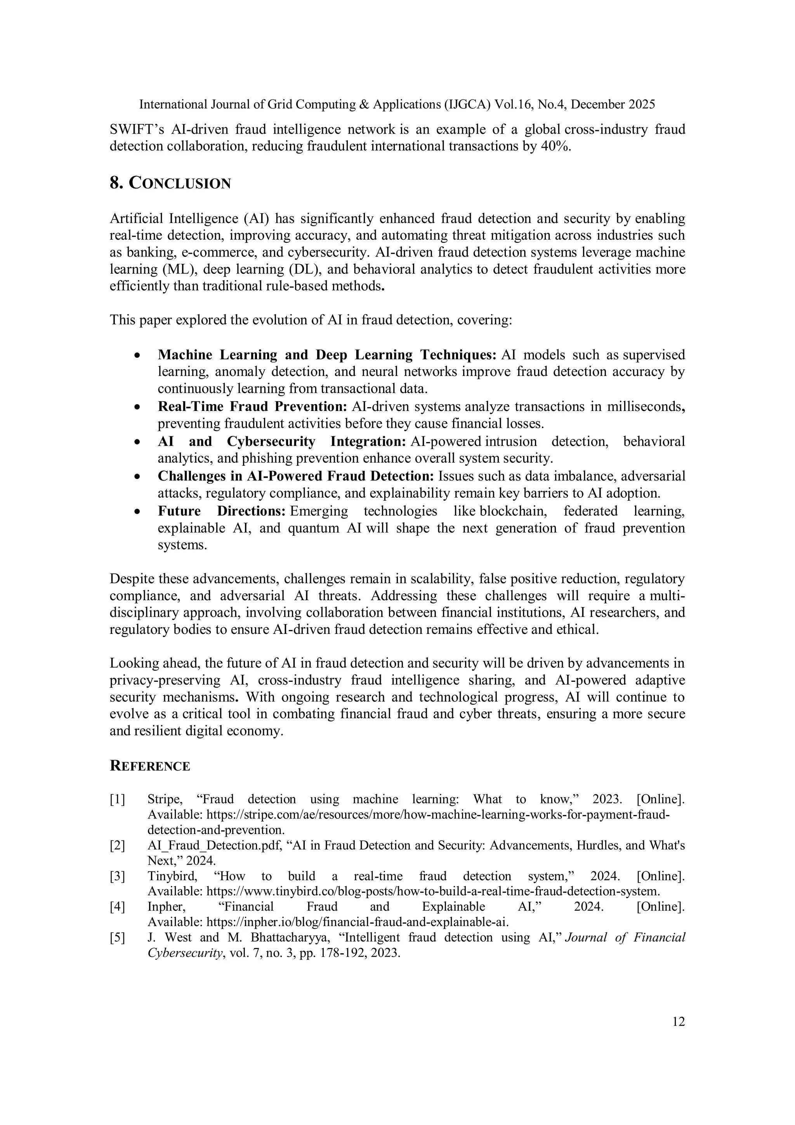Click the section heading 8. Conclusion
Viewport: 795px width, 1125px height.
pos(170,183)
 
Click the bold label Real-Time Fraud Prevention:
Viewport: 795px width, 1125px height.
pos(252,407)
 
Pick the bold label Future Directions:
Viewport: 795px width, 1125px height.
pos(221,511)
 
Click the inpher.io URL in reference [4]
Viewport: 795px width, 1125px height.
pos(358,922)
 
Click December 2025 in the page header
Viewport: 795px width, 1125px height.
pos(613,104)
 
